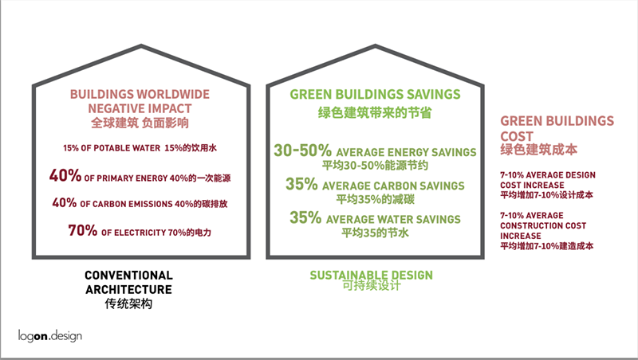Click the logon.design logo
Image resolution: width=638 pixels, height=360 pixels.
(x=50, y=336)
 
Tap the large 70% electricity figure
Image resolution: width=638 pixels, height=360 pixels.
(x=83, y=230)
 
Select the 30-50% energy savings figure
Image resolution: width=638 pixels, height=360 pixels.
(x=302, y=151)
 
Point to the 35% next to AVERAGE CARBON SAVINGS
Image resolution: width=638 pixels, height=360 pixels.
(x=301, y=184)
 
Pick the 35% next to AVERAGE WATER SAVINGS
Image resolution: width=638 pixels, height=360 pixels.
(x=305, y=217)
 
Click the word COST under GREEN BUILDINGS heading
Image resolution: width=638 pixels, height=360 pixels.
(x=517, y=136)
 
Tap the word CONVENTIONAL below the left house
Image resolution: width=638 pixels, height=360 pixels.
(x=128, y=275)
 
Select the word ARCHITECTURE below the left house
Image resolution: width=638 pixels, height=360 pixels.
(x=128, y=289)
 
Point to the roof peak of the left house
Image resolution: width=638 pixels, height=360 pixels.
(x=141, y=46)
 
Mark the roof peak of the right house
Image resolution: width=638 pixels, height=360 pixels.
(x=375, y=46)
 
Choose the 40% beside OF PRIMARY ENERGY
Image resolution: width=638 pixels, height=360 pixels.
(x=65, y=175)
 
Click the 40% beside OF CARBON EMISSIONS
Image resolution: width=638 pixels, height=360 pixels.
(x=65, y=202)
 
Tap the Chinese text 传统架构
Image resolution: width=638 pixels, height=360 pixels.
(x=128, y=303)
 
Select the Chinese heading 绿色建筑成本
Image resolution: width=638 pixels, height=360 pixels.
(x=539, y=150)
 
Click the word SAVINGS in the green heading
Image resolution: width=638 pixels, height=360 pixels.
(x=433, y=94)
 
